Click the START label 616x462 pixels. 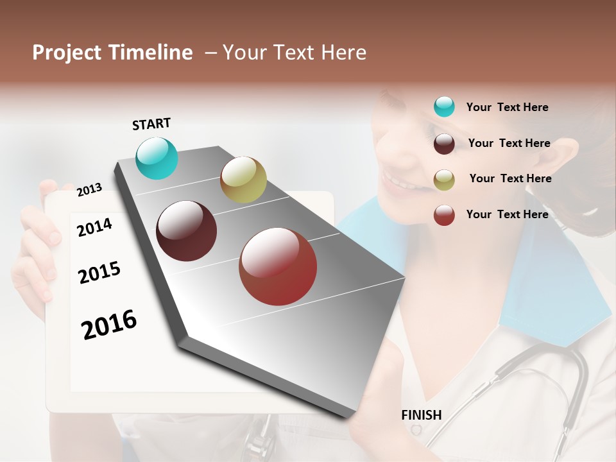click(151, 124)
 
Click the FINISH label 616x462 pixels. click(422, 415)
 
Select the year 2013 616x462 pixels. click(89, 189)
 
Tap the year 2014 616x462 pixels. click(94, 227)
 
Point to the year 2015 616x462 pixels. click(99, 273)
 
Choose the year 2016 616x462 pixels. click(109, 324)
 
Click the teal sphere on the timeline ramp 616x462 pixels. click(157, 158)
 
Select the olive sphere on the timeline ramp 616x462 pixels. click(243, 180)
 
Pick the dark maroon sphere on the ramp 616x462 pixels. click(187, 231)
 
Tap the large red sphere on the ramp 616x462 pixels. click(278, 266)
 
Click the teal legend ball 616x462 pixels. click(444, 107)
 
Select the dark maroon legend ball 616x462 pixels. click(444, 144)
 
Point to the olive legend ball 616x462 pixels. click(444, 180)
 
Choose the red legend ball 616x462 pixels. click(444, 215)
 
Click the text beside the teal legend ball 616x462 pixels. click(507, 107)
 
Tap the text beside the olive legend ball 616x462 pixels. click(510, 178)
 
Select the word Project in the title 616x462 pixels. click(67, 53)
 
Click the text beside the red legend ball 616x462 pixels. click(507, 214)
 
